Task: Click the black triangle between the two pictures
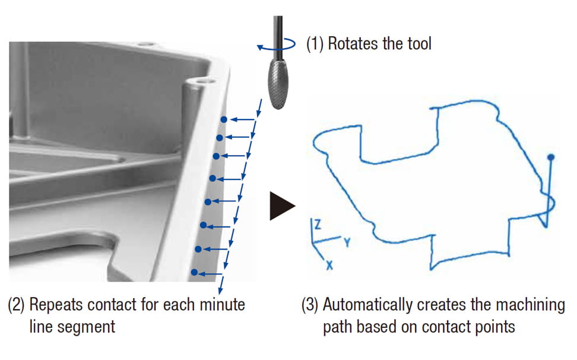pos(281,206)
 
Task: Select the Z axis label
pos(318,225)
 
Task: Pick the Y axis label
pos(347,242)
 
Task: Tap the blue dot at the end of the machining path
pos(551,157)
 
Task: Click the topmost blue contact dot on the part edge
pos(224,119)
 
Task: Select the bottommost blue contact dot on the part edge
pos(195,273)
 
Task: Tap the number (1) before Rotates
pos(314,43)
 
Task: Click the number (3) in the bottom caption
pos(309,305)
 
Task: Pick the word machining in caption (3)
pos(534,305)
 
